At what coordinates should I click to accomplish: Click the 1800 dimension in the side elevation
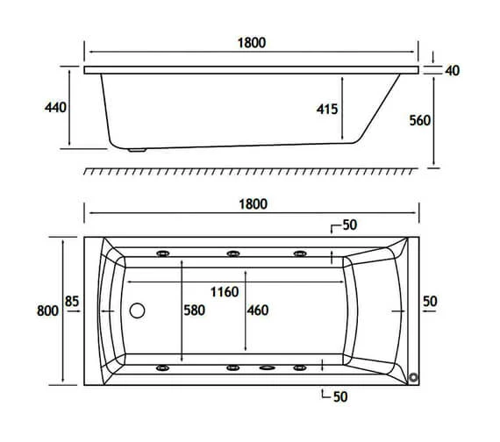[251, 42]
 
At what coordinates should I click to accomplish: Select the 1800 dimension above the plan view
[251, 203]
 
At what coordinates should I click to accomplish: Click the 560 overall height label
[419, 120]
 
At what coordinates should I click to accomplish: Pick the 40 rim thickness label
[452, 70]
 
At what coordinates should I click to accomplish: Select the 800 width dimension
[48, 310]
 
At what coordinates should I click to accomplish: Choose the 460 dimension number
[257, 310]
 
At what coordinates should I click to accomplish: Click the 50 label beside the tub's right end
[430, 302]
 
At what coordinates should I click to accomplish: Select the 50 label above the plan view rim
[349, 225]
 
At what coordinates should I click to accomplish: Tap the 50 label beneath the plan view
[340, 397]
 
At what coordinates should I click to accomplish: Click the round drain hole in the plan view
[137, 310]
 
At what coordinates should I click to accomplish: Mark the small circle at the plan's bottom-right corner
[414, 377]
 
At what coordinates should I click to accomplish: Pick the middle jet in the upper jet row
[233, 254]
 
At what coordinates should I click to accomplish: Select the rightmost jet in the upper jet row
[300, 254]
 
